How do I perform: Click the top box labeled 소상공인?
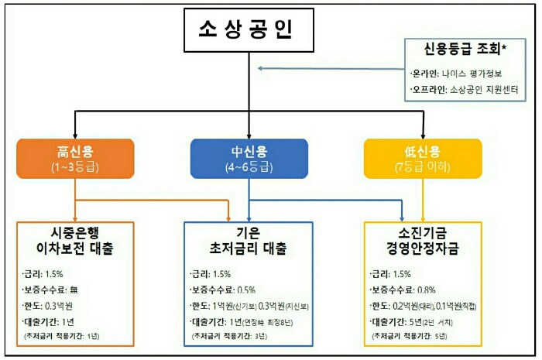tap(245, 33)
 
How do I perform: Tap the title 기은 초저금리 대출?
tap(249, 242)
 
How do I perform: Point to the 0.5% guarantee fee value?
tap(247, 290)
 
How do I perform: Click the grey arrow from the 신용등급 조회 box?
tap(333, 69)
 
